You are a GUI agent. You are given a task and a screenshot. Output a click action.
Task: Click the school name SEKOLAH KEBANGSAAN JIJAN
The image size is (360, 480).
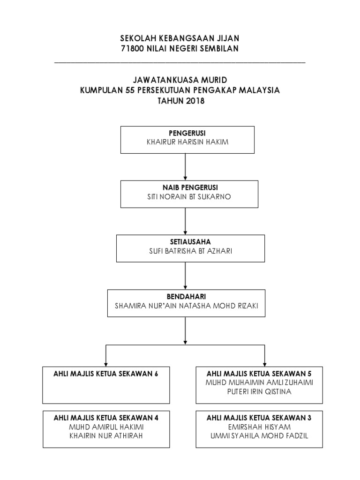tap(180, 38)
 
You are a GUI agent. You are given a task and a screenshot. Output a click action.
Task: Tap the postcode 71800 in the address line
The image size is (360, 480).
tap(132, 49)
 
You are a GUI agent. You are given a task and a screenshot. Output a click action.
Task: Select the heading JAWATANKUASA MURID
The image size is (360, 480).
tap(180, 80)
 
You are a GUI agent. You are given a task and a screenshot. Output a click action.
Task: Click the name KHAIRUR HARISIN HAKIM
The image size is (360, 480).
tap(187, 142)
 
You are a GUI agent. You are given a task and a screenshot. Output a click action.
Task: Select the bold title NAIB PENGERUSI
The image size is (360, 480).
tap(190, 187)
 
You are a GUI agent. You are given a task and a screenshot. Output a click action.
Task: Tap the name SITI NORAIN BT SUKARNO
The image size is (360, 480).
tap(189, 196)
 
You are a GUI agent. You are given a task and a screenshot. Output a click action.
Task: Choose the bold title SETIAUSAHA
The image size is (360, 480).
tap(190, 242)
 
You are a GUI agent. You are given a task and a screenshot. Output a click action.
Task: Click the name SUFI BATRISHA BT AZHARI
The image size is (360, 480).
tap(190, 251)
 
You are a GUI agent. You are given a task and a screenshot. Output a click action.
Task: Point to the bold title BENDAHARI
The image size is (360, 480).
tap(186, 296)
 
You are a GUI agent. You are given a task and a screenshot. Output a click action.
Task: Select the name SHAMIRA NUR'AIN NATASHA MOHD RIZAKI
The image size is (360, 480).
tap(186, 306)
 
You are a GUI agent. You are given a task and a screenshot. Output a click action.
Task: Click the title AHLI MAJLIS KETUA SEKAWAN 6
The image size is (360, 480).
tap(105, 374)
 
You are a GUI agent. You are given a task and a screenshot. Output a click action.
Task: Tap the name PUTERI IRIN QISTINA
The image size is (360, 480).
tap(259, 391)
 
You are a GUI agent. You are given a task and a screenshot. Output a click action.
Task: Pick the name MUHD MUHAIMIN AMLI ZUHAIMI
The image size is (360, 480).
tap(259, 382)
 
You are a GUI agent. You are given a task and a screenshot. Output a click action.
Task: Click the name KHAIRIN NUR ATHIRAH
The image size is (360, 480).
tap(106, 435)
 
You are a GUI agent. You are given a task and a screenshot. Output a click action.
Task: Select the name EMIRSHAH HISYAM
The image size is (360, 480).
tap(259, 427)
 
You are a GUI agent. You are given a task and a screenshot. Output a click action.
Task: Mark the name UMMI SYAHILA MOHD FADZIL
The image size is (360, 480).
tap(259, 435)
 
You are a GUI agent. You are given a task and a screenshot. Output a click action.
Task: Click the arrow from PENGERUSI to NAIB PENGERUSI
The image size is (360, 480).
tap(185, 167)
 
